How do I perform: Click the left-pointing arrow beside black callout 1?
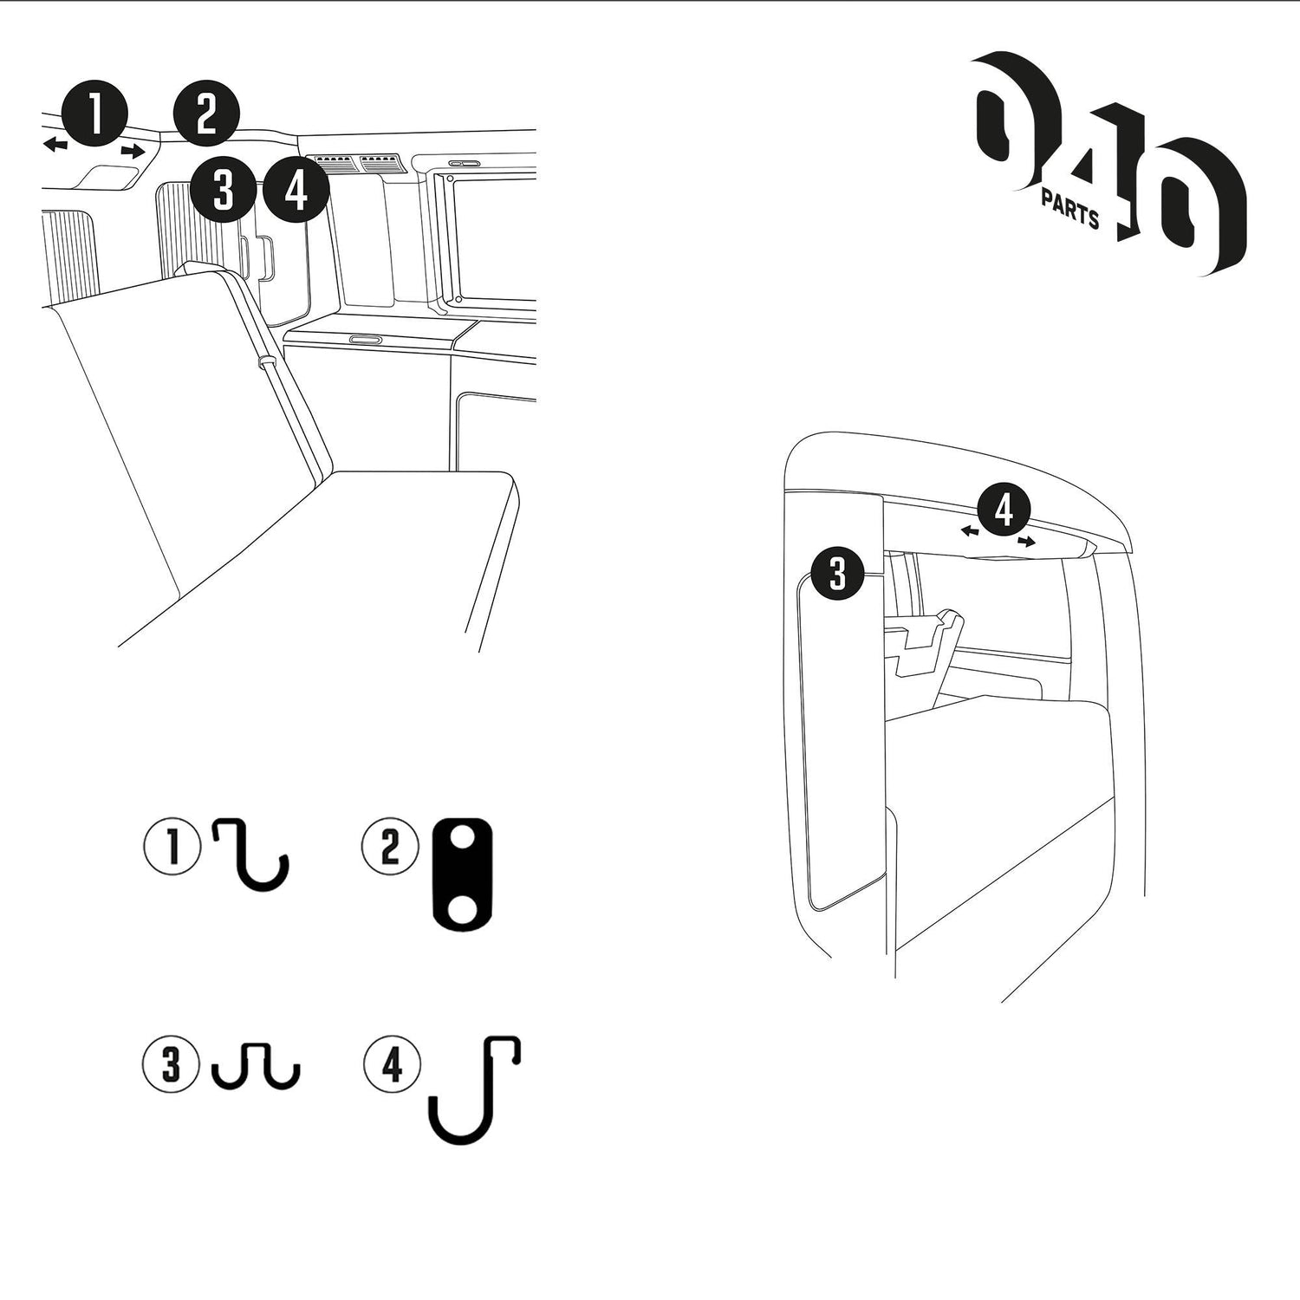pos(55,144)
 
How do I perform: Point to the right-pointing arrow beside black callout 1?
pos(133,152)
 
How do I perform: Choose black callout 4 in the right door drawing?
pos(1004,510)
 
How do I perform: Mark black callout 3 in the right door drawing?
pos(837,574)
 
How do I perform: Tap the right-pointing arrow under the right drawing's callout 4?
pos(1026,542)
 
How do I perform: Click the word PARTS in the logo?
pos(1070,211)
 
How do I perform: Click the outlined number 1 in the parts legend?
pos(172,847)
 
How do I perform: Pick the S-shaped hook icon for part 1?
pos(251,855)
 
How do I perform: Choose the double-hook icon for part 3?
pos(257,1065)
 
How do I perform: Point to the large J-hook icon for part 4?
pos(475,1090)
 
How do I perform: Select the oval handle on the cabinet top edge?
pos(364,339)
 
